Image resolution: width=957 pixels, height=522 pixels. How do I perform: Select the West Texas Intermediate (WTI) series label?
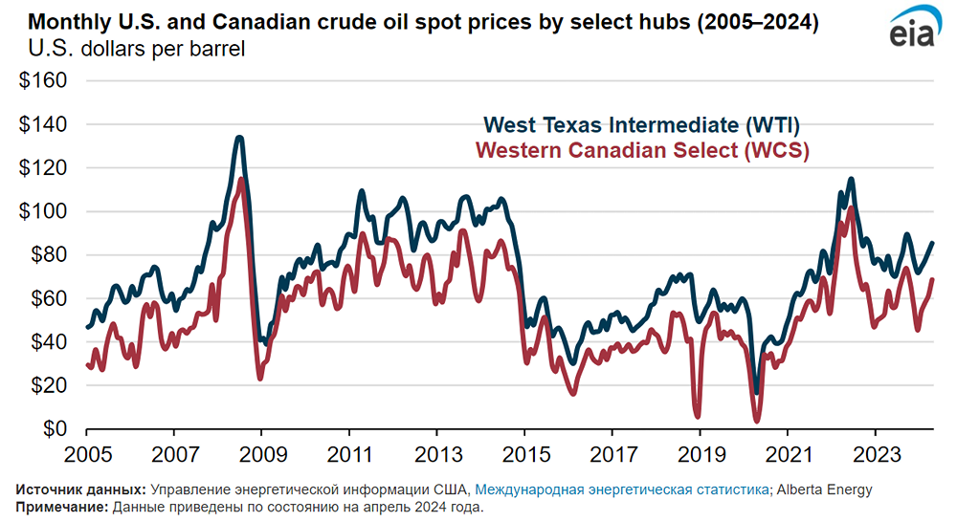[x=641, y=125]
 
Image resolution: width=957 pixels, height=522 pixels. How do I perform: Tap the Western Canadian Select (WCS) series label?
[x=642, y=150]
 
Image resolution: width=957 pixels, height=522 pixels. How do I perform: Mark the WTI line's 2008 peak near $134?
[x=238, y=138]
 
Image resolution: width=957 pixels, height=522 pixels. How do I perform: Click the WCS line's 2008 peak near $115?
[x=242, y=179]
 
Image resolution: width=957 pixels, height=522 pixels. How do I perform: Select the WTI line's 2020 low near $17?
[x=756, y=392]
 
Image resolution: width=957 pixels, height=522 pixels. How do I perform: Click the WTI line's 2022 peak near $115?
[x=851, y=179]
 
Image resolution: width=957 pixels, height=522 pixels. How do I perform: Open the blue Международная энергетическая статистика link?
[x=622, y=489]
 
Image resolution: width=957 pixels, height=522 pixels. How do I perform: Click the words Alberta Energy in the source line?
[x=824, y=489]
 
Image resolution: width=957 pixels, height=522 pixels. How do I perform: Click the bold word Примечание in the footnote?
[x=61, y=507]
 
